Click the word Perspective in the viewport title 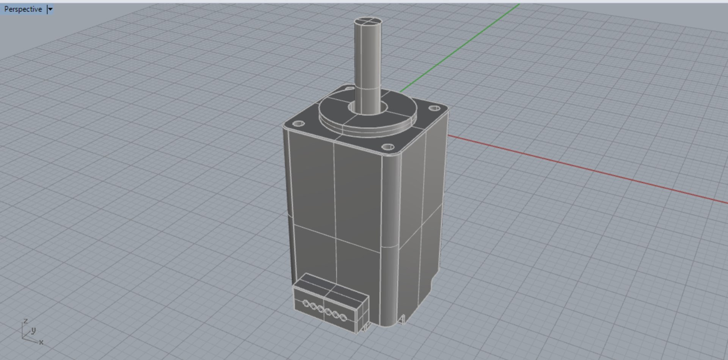click(23, 9)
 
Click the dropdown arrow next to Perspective click(50, 9)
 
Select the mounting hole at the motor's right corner click(434, 108)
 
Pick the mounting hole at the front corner click(387, 147)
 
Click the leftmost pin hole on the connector click(306, 303)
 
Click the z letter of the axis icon click(25, 321)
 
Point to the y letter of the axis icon click(33, 330)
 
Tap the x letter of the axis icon click(41, 342)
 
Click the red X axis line click(588, 169)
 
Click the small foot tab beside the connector click(366, 327)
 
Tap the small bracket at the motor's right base click(402, 319)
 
